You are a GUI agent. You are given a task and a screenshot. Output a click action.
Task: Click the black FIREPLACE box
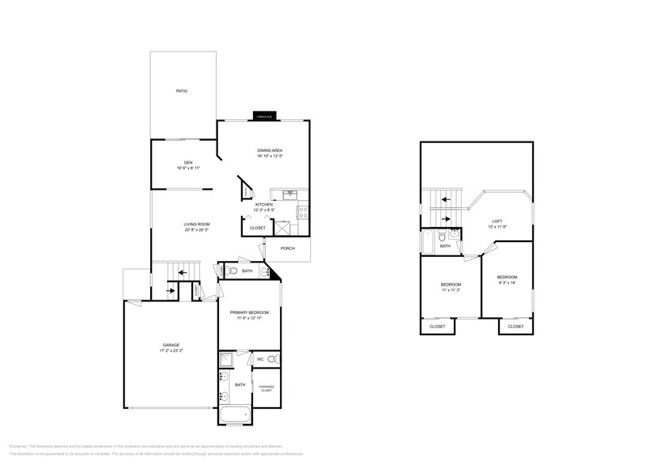pyautogui.click(x=263, y=116)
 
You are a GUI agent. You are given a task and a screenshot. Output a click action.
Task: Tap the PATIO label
pyautogui.click(x=182, y=92)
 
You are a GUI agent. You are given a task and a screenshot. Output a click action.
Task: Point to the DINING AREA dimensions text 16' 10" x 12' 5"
pyautogui.click(x=270, y=156)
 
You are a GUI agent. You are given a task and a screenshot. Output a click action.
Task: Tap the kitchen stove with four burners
pyautogui.click(x=302, y=211)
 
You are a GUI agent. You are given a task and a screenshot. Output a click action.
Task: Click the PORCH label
pyautogui.click(x=288, y=248)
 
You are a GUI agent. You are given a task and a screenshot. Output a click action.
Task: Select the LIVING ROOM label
pyautogui.click(x=198, y=225)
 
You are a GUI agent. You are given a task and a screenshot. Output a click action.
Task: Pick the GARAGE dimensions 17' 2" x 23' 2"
pyautogui.click(x=172, y=350)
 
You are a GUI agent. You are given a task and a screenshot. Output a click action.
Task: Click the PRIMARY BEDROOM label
pyautogui.click(x=250, y=312)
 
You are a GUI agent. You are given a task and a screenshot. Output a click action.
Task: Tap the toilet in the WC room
pyautogui.click(x=271, y=360)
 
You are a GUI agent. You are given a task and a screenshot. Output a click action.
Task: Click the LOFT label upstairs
pyautogui.click(x=497, y=221)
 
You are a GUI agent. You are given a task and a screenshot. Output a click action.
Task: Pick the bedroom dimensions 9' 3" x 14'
pyautogui.click(x=506, y=282)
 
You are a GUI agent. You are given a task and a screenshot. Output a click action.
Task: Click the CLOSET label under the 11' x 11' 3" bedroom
pyautogui.click(x=437, y=327)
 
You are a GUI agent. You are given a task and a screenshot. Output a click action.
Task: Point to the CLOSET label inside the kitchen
pyautogui.click(x=258, y=228)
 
